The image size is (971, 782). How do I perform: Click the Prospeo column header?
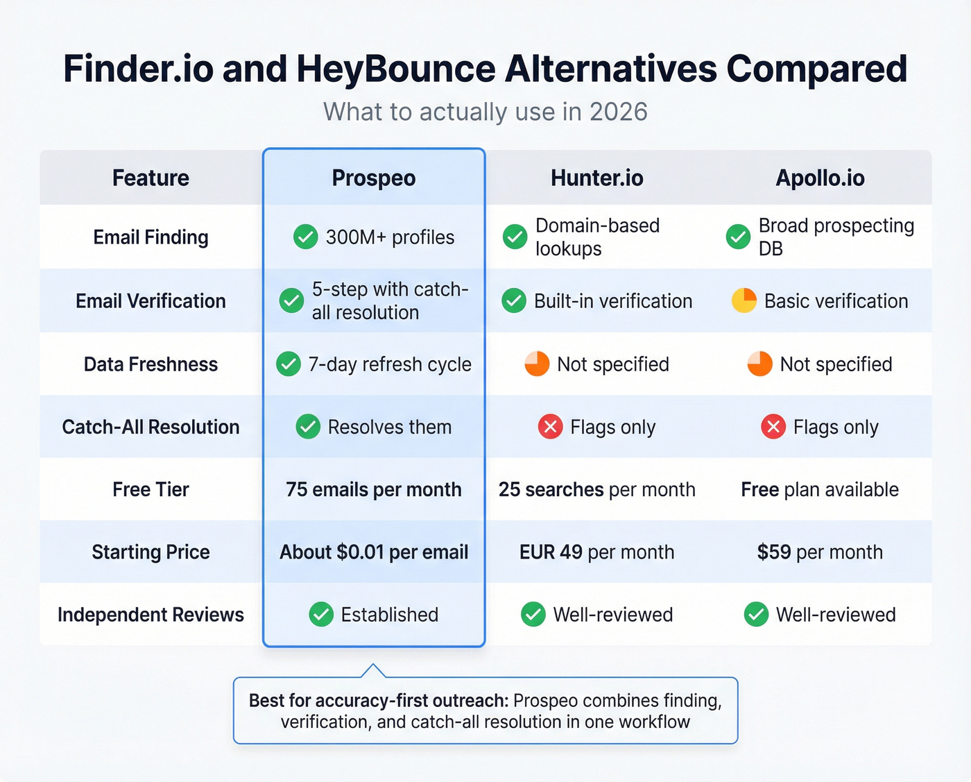pos(374,178)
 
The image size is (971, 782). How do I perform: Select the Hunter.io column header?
pos(596,178)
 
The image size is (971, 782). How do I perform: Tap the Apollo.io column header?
pos(820,178)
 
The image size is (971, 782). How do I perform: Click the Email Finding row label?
pos(151,237)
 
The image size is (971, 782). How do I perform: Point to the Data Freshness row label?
pos(151,364)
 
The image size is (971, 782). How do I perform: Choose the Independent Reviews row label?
pos(151,615)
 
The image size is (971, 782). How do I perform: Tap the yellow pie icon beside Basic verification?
pos(744,300)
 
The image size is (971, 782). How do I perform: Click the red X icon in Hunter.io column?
pos(551,427)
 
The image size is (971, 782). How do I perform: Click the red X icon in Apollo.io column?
pos(773,427)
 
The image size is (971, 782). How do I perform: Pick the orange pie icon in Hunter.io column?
pos(537,364)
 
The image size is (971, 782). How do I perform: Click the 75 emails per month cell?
pos(374,490)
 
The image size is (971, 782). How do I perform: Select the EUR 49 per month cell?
pos(596,552)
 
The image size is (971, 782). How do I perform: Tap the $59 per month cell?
pos(820,552)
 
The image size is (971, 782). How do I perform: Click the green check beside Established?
pos(321,614)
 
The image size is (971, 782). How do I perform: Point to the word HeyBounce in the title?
pos(396,69)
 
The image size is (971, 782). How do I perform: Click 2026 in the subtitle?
pos(618,112)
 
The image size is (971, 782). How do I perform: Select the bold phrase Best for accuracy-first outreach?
pos(379,701)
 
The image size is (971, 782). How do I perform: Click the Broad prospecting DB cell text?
pos(836,237)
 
